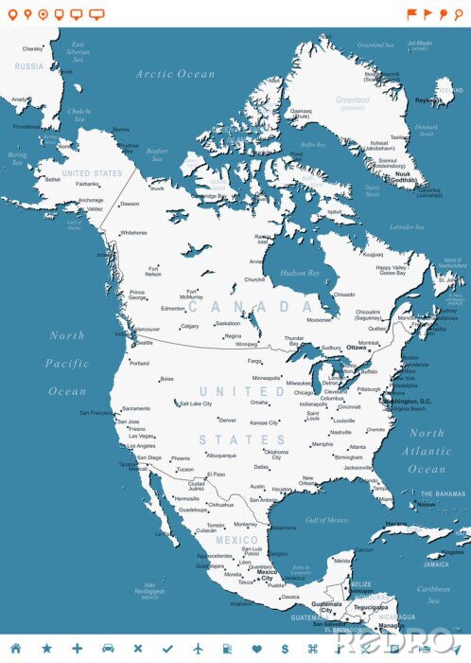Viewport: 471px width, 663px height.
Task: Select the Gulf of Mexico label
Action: (x=327, y=520)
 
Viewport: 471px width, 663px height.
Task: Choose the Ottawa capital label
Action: (x=357, y=348)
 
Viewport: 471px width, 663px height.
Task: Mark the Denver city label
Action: (x=227, y=420)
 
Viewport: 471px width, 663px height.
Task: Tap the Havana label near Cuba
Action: (x=396, y=523)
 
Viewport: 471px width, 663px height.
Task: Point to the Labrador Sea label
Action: (x=407, y=227)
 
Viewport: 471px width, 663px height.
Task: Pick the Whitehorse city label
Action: (x=133, y=232)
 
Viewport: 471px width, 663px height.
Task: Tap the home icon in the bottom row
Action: (x=15, y=648)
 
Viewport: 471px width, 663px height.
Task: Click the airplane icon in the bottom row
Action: (x=198, y=648)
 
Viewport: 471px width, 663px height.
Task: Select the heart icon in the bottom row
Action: (x=255, y=648)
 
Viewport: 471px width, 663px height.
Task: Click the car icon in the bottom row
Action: (x=107, y=648)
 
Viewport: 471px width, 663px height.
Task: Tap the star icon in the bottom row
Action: (x=45, y=648)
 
